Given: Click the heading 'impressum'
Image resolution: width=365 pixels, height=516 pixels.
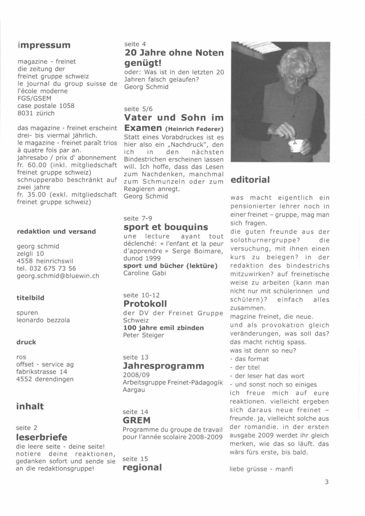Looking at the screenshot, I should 44,45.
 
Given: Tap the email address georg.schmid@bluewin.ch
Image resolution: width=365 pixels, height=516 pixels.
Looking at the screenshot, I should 58,276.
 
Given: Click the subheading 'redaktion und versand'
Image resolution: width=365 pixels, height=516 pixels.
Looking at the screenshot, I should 56,232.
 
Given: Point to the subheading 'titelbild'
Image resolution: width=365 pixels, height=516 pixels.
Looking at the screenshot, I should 30,298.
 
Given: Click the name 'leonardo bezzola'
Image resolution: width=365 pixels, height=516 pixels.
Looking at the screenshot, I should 43,320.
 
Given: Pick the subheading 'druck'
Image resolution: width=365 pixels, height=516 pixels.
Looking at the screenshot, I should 26,342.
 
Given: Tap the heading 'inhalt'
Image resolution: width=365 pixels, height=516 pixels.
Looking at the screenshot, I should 30,406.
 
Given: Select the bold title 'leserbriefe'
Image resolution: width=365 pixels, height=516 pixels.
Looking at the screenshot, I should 41,437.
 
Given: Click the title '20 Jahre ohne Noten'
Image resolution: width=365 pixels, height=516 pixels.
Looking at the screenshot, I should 174,53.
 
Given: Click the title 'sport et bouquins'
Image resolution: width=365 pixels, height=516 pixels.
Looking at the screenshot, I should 166,227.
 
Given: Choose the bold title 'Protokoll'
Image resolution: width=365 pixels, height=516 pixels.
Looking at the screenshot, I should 145,304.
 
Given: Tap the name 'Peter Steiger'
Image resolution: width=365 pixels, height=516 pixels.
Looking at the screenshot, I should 144,335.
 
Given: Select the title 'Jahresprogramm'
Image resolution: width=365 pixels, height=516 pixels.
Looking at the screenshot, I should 163,366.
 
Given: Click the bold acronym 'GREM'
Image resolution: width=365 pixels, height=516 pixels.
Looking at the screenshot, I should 137,420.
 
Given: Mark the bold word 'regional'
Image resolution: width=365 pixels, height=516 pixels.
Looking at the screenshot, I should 142,467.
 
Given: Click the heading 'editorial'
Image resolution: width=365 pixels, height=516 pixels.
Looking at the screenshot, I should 250,180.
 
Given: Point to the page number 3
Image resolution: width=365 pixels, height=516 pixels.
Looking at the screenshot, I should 327,482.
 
